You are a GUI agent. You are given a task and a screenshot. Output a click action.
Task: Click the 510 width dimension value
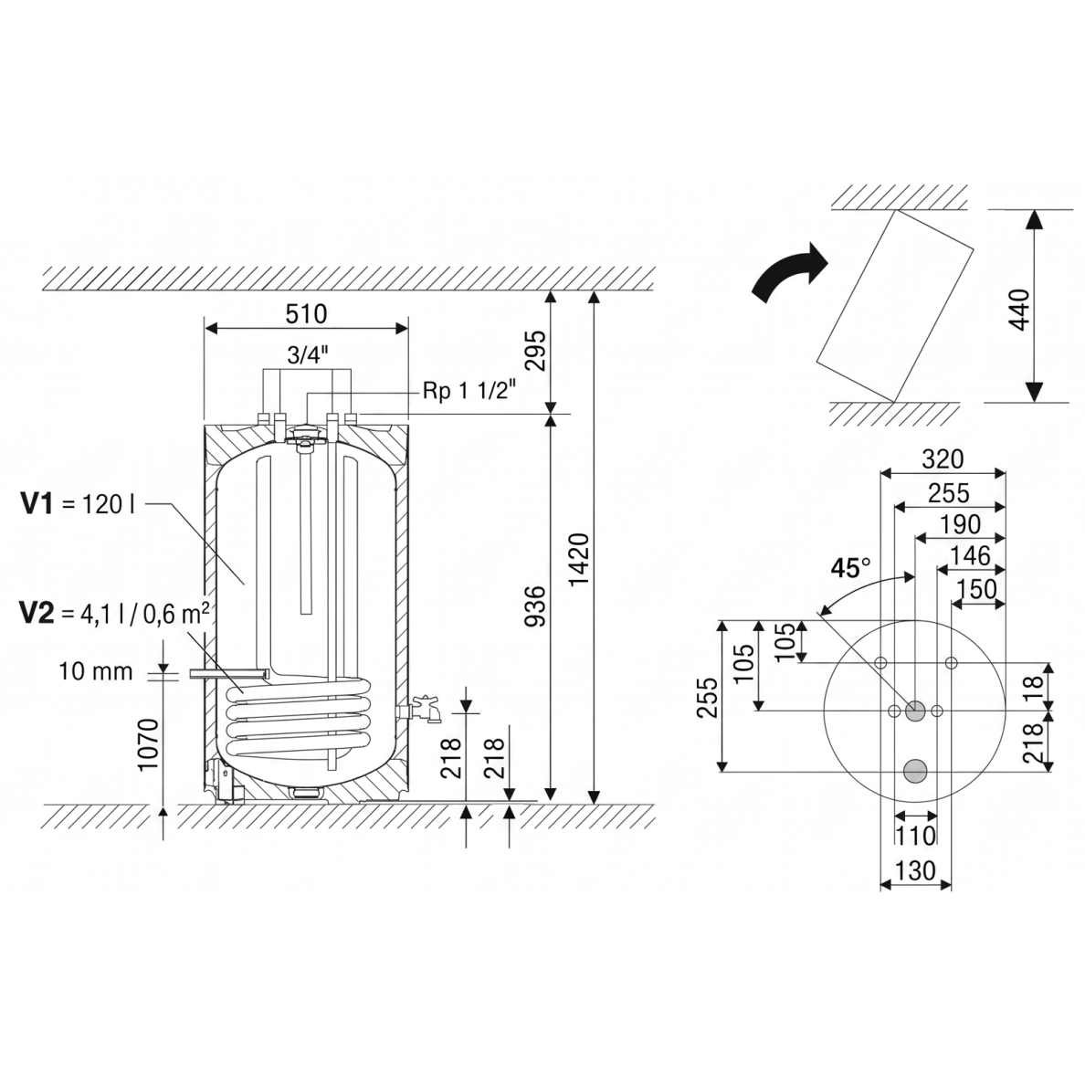(x=306, y=314)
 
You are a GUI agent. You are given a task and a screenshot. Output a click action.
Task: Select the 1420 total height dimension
(x=578, y=560)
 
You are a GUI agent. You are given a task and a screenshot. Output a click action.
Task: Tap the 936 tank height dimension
(x=535, y=606)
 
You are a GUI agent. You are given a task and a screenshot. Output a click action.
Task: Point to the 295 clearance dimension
(x=535, y=351)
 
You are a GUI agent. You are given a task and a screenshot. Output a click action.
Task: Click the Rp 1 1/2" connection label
(x=470, y=392)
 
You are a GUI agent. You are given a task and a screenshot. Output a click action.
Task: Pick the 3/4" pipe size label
(x=307, y=355)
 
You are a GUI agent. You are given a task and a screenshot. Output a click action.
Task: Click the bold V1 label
(x=37, y=504)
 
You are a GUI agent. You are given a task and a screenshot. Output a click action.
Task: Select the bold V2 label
(x=37, y=613)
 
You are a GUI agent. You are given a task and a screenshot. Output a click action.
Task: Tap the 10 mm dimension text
(x=96, y=671)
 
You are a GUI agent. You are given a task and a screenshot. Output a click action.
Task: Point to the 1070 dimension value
(x=148, y=744)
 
